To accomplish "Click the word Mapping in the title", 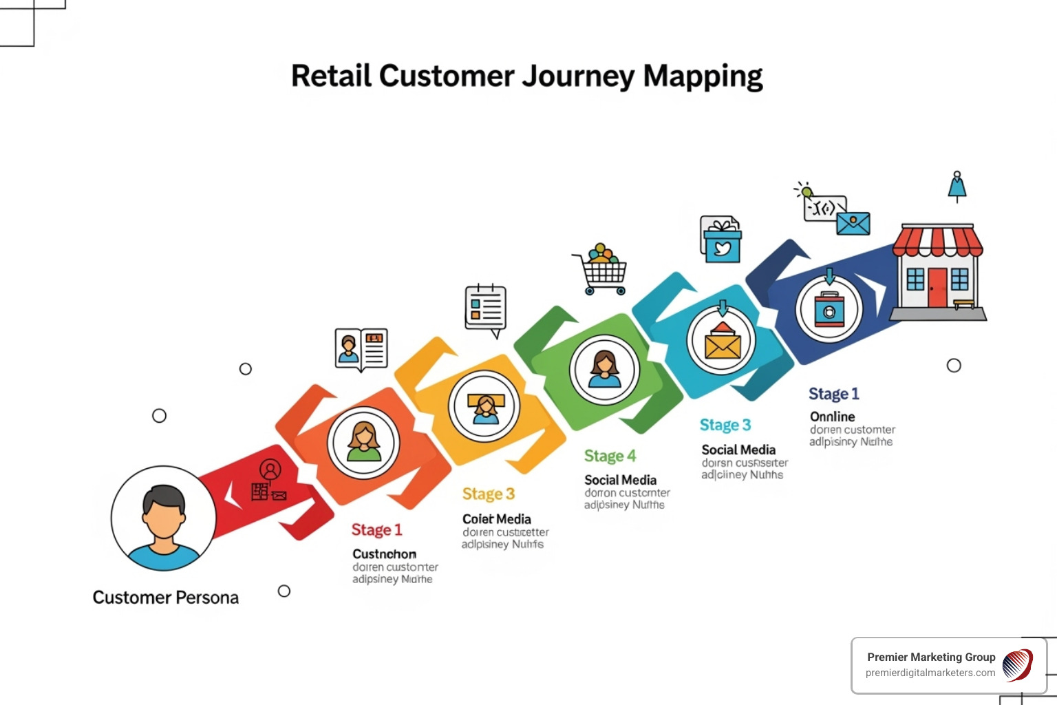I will coord(703,76).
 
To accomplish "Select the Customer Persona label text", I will coord(166,598).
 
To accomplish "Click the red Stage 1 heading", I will coord(376,530).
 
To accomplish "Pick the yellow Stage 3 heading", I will coord(488,494).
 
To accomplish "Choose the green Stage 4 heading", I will coord(610,456).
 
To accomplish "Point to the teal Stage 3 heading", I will coord(725,425).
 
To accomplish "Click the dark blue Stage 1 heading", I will coord(833,394).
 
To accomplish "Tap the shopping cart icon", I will coord(601,269).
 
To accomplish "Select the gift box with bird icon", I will coord(720,240).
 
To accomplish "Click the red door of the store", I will coord(937,287).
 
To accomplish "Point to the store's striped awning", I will coord(937,242).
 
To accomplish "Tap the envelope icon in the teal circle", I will coord(722,342).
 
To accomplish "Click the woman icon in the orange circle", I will coord(363,443).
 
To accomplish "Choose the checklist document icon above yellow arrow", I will coord(486,308).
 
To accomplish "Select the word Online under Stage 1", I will coord(832,417).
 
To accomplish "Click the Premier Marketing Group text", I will coord(930,657).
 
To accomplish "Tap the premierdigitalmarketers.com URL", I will coord(930,673).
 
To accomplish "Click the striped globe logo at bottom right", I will coord(1018,666).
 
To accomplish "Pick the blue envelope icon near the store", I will coord(853,223).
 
